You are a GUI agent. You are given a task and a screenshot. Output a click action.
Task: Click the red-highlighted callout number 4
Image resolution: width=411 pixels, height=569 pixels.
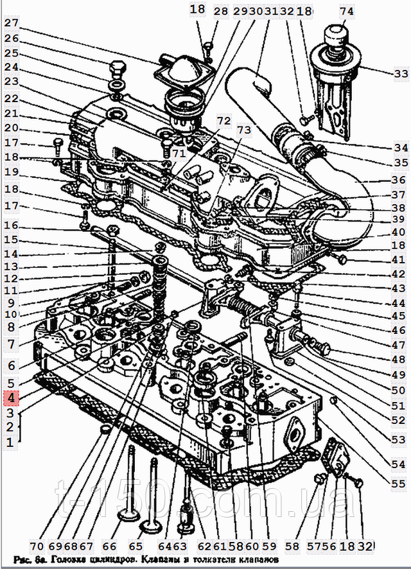point(11,398)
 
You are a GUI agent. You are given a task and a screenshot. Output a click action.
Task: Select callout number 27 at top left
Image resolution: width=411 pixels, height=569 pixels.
point(12,23)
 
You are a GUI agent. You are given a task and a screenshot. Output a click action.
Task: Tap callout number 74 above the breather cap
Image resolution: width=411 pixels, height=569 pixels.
point(346,12)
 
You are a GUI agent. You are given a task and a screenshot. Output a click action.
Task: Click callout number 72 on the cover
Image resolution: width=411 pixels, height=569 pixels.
point(223,121)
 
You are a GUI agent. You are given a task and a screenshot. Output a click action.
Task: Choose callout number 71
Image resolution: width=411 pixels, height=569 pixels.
point(179,154)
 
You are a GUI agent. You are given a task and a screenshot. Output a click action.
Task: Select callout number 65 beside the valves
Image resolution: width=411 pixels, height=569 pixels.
point(136,547)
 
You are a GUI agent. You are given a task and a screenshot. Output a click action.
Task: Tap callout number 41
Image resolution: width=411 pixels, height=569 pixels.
point(398,260)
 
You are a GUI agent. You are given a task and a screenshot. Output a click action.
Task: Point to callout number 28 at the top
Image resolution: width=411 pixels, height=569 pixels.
point(221,12)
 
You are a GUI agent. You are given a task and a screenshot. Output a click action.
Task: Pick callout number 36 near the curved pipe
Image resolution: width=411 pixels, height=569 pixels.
point(398,180)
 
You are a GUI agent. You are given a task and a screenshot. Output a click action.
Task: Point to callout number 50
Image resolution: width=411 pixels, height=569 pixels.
point(398,390)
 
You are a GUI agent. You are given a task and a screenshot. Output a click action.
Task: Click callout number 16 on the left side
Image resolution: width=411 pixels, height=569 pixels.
point(12,225)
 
